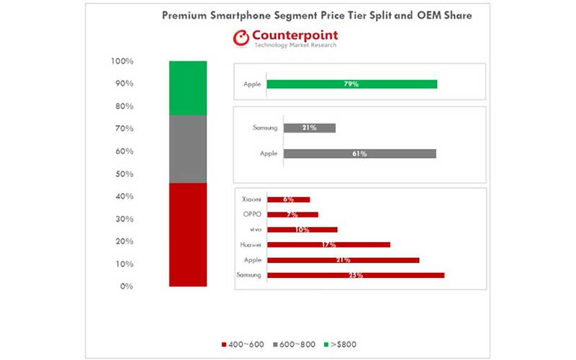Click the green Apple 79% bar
[351, 84]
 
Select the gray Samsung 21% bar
[310, 128]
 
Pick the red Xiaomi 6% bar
[288, 199]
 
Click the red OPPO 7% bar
[292, 215]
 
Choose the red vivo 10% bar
[302, 230]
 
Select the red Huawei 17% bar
[328, 245]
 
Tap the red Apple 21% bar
[343, 260]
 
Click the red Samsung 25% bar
[355, 275]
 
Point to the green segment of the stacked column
[188, 88]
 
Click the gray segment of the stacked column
[188, 149]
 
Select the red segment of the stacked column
[188, 235]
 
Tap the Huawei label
[251, 245]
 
